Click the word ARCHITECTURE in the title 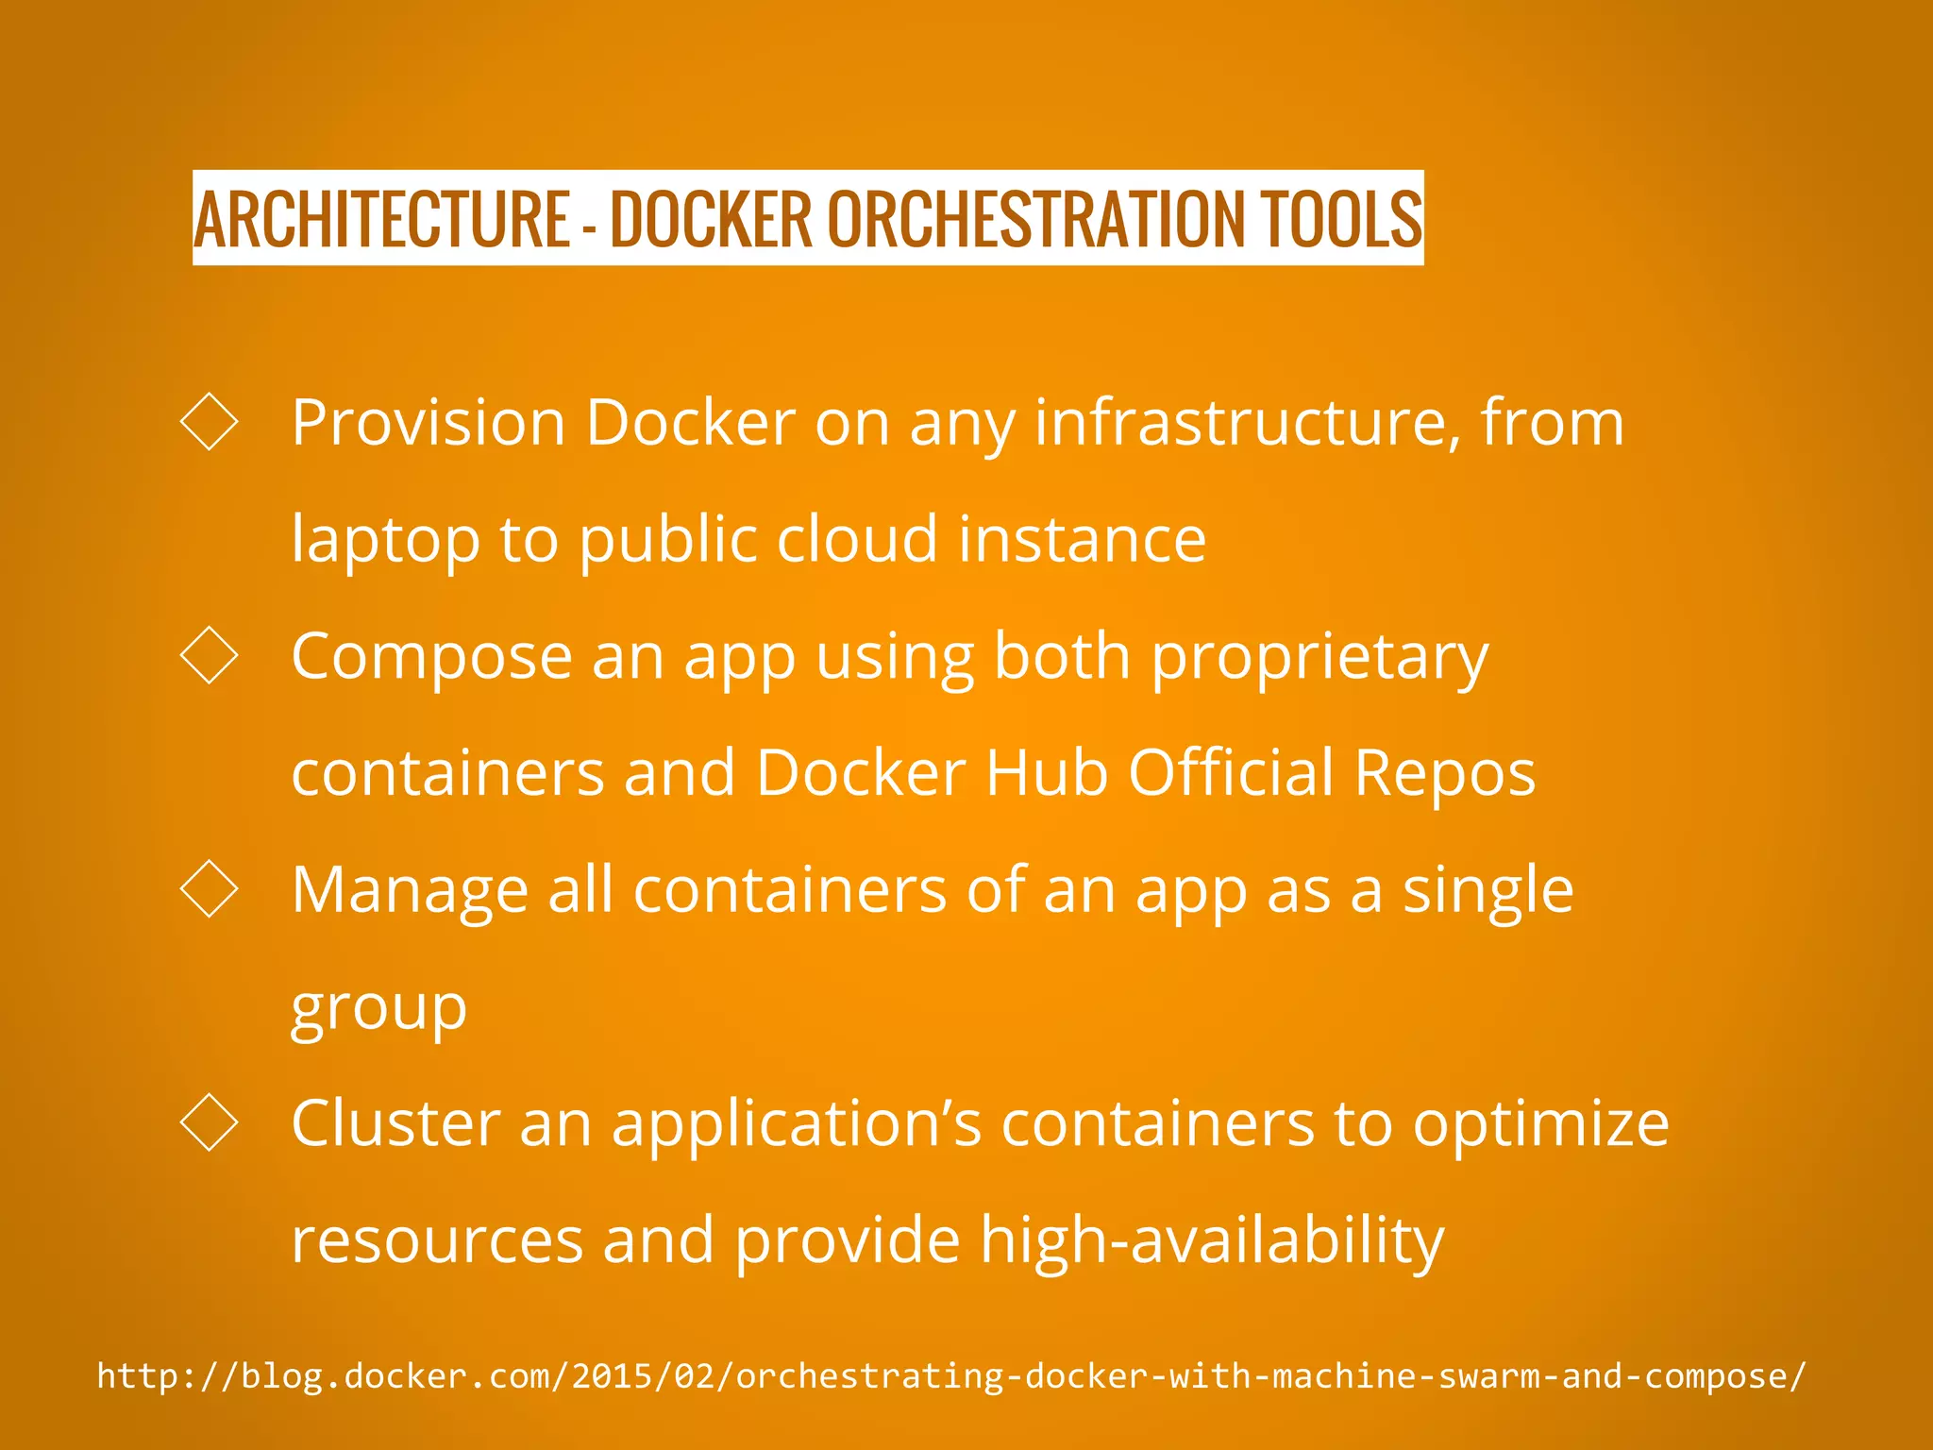click(381, 219)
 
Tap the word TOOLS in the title click(1339, 219)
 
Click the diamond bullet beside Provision click(209, 421)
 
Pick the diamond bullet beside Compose click(209, 654)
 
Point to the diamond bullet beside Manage click(209, 888)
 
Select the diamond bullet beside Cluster click(209, 1122)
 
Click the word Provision click(428, 422)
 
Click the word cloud click(857, 539)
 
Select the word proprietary click(1319, 658)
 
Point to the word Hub click(1046, 773)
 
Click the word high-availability click(1212, 1241)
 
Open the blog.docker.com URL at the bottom click(951, 1376)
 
